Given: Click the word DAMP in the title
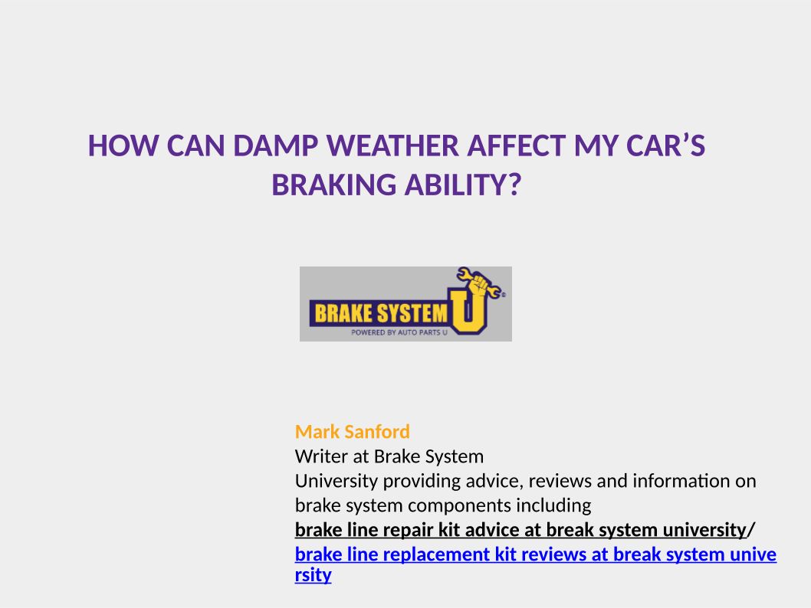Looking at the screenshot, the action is [x=276, y=146].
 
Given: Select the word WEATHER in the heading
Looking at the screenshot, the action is [x=392, y=146].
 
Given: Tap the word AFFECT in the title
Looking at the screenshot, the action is [x=516, y=146].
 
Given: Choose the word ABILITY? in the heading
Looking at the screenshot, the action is [x=463, y=185].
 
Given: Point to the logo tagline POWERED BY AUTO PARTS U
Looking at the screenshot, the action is [x=399, y=332].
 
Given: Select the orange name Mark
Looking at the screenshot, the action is [x=317, y=432].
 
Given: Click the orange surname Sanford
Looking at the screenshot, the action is [x=377, y=432].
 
